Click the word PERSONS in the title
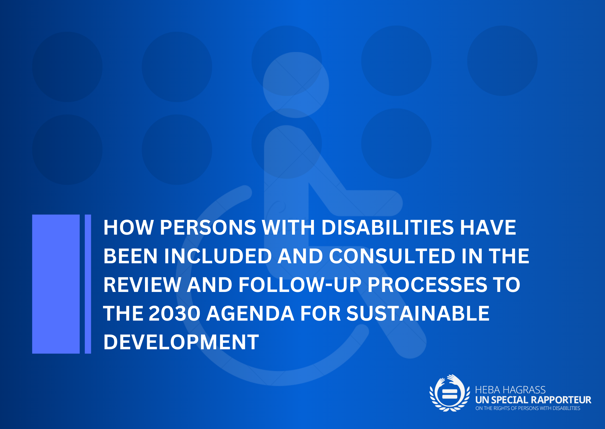click(208, 227)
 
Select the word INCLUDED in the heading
click(218, 256)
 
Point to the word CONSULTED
click(392, 256)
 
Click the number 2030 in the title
click(175, 313)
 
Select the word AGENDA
click(250, 313)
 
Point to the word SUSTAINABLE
click(418, 313)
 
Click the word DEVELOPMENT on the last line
click(181, 342)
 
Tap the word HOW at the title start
click(129, 227)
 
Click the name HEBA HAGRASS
click(510, 390)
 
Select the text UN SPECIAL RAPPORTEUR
click(533, 400)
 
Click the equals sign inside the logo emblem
click(449, 394)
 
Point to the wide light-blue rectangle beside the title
click(56, 284)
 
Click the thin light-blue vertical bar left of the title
click(88, 284)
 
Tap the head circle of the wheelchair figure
click(296, 85)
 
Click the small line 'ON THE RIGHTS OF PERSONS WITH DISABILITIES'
click(528, 408)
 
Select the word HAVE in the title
click(488, 227)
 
